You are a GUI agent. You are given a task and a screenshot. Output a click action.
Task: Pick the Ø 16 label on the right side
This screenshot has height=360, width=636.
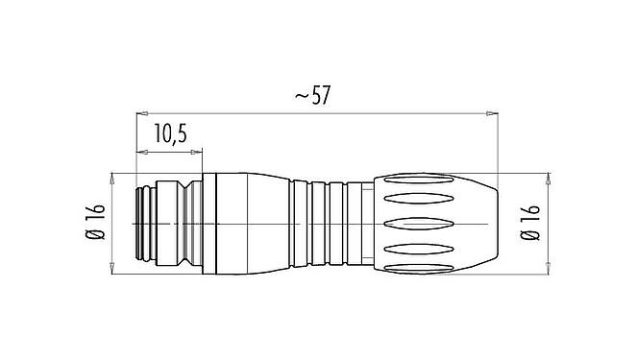tap(531, 222)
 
